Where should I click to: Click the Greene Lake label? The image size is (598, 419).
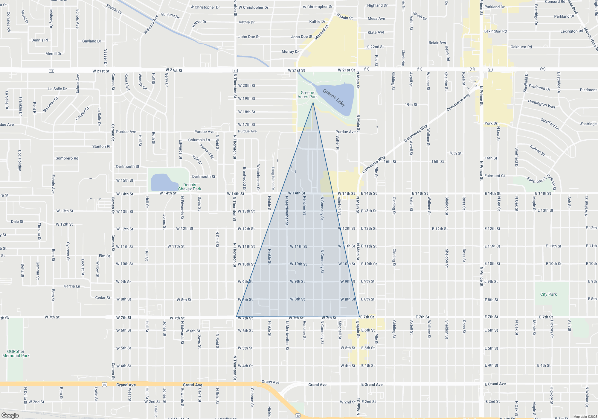(334, 98)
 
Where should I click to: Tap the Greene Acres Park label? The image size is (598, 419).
(307, 95)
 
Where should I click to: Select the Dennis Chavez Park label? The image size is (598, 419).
(190, 187)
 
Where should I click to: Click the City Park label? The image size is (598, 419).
(548, 294)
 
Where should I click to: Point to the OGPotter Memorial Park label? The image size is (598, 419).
(16, 353)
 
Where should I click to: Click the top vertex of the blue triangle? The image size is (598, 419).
(313, 102)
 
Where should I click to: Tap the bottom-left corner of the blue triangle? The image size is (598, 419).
(237, 317)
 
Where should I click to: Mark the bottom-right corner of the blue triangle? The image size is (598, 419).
(359, 317)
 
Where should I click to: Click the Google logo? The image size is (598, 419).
(10, 415)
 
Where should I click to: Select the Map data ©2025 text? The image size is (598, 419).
(585, 417)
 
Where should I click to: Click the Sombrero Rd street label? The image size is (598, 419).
(67, 158)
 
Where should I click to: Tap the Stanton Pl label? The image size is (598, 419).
(101, 146)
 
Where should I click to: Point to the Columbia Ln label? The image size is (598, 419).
(199, 140)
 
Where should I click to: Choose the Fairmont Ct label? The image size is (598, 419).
(495, 176)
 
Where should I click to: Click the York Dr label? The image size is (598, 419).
(491, 123)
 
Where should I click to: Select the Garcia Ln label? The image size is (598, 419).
(72, 286)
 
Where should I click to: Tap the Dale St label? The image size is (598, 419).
(17, 221)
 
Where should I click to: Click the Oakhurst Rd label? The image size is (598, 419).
(521, 47)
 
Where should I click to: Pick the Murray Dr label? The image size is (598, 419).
(290, 51)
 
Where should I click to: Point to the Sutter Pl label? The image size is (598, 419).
(338, 143)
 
